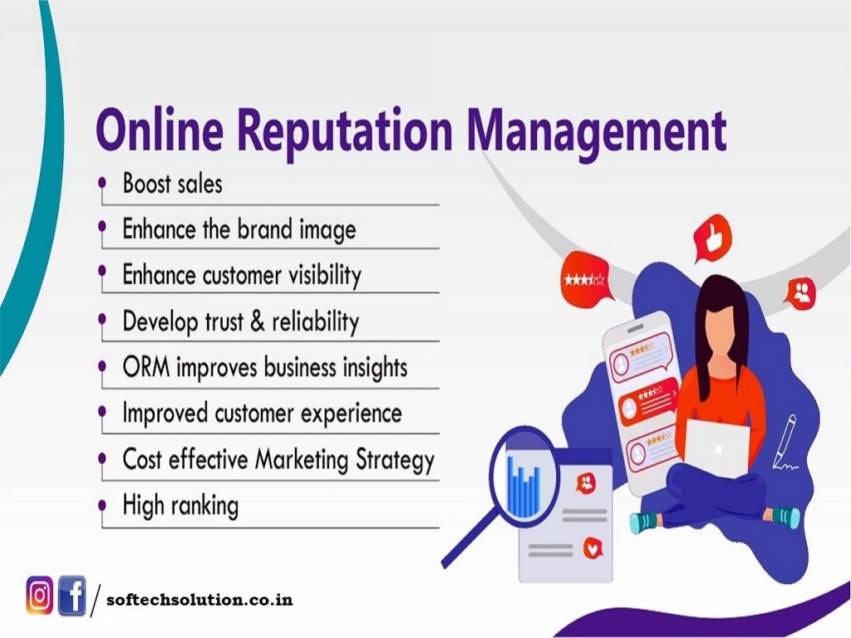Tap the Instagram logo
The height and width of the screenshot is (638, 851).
tap(40, 595)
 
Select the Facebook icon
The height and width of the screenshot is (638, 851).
tap(71, 595)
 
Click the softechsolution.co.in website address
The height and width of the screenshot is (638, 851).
tap(199, 600)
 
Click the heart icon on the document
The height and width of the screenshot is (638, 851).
tap(593, 548)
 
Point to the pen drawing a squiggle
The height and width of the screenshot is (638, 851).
tap(785, 441)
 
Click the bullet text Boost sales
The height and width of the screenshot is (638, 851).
tap(173, 184)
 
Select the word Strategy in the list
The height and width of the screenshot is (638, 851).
tap(395, 460)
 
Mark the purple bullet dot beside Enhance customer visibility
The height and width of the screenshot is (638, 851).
tap(102, 270)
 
